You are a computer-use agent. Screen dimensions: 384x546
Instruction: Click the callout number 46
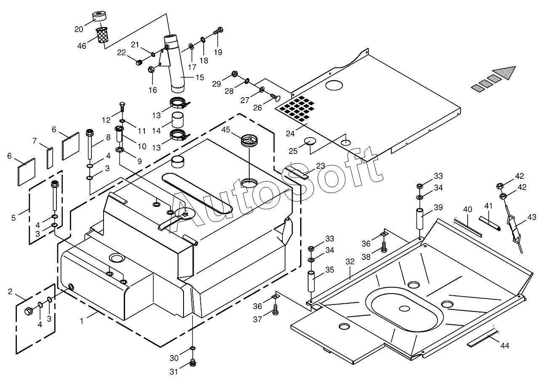[x=82, y=46]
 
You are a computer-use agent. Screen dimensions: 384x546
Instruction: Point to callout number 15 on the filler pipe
[x=199, y=77]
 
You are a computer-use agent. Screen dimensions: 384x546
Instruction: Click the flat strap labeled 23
[x=297, y=172]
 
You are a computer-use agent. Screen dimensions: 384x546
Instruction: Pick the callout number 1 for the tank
[x=81, y=320]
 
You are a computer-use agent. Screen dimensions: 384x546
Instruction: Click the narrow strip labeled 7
[x=49, y=157]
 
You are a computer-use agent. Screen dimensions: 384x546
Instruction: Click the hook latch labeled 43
[x=514, y=229]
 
